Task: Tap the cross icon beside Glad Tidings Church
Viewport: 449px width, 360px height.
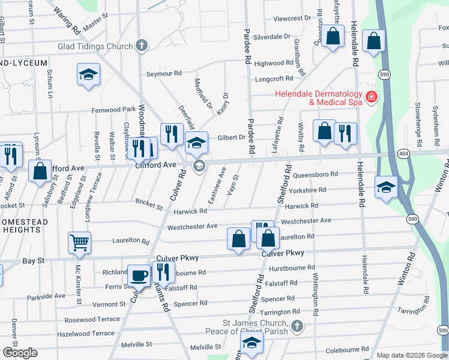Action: [x=142, y=46]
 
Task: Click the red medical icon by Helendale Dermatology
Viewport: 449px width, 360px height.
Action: [x=372, y=97]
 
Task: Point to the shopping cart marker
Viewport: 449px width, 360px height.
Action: [x=79, y=242]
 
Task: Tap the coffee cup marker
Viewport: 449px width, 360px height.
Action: [x=139, y=275]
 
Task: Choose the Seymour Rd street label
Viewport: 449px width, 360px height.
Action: [x=164, y=74]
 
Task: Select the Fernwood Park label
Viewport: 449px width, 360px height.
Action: [x=113, y=110]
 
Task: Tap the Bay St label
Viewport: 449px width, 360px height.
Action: [x=34, y=261]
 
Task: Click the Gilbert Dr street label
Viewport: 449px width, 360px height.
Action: [x=232, y=137]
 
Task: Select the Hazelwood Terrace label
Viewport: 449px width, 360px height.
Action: [x=85, y=333]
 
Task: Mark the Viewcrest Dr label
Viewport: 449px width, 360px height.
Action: [x=292, y=19]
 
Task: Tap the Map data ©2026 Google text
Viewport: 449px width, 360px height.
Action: [x=412, y=355]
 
